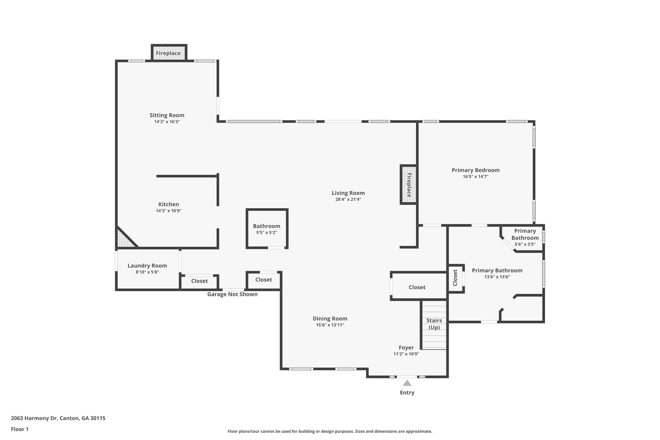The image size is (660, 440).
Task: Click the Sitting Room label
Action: point(167,115)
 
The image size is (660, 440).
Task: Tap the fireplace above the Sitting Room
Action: point(169,53)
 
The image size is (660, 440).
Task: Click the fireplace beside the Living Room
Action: point(409,185)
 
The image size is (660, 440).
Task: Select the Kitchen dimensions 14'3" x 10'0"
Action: point(169,211)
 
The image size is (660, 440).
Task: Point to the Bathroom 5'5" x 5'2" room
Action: point(267,229)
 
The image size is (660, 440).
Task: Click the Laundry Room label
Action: point(147,266)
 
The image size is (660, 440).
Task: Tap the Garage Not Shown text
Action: point(232,294)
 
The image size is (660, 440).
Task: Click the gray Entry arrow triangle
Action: point(407,383)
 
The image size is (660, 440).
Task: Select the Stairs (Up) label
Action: point(434,324)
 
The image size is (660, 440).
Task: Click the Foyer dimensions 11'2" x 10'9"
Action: point(406,354)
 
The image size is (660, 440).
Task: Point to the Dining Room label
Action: point(330,318)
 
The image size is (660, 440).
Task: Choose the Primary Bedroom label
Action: point(475,170)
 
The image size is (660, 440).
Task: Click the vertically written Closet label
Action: point(455,278)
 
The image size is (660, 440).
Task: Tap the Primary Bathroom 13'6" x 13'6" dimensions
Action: point(497,277)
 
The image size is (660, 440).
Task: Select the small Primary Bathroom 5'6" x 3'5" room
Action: point(525,238)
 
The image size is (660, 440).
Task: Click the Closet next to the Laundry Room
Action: point(199,281)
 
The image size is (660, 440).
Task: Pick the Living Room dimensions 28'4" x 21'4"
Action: point(348,200)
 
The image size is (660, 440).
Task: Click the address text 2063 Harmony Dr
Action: point(58,418)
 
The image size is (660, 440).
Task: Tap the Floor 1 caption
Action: point(20,429)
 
